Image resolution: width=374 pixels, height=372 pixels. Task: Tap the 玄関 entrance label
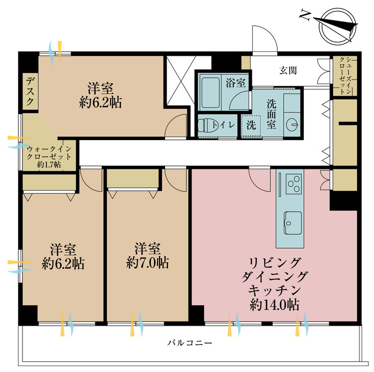pyautogui.click(x=288, y=71)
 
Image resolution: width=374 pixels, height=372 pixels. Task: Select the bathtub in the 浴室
pyautogui.click(x=210, y=93)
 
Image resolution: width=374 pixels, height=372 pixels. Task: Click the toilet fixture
pyautogui.click(x=205, y=125)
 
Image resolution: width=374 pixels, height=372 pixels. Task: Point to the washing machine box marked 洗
pyautogui.click(x=251, y=125)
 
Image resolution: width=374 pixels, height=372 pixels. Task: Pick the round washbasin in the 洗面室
pyautogui.click(x=292, y=124)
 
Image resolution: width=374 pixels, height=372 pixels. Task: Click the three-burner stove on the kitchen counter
pyautogui.click(x=294, y=184)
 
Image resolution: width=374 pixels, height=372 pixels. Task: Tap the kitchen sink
pyautogui.click(x=293, y=223)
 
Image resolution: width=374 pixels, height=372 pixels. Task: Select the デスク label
pyautogui.click(x=30, y=92)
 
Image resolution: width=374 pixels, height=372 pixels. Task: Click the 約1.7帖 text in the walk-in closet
pyautogui.click(x=49, y=164)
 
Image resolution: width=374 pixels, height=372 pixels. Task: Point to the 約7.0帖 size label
pyautogui.click(x=148, y=262)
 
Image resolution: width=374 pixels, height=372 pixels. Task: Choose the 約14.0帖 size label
pyautogui.click(x=274, y=304)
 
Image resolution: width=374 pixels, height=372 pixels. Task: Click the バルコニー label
pyautogui.click(x=189, y=343)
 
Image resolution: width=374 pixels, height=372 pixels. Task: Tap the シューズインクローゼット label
pyautogui.click(x=345, y=76)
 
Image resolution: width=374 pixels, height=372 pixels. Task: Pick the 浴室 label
pyautogui.click(x=235, y=83)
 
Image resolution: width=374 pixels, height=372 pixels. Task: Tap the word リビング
pyautogui.click(x=274, y=262)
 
